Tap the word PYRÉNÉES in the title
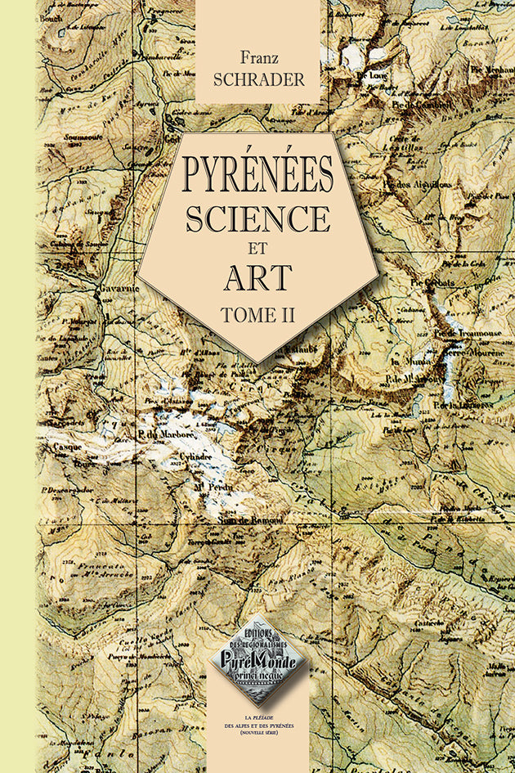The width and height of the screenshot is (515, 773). (x=258, y=173)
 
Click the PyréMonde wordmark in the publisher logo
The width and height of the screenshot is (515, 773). (x=257, y=656)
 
